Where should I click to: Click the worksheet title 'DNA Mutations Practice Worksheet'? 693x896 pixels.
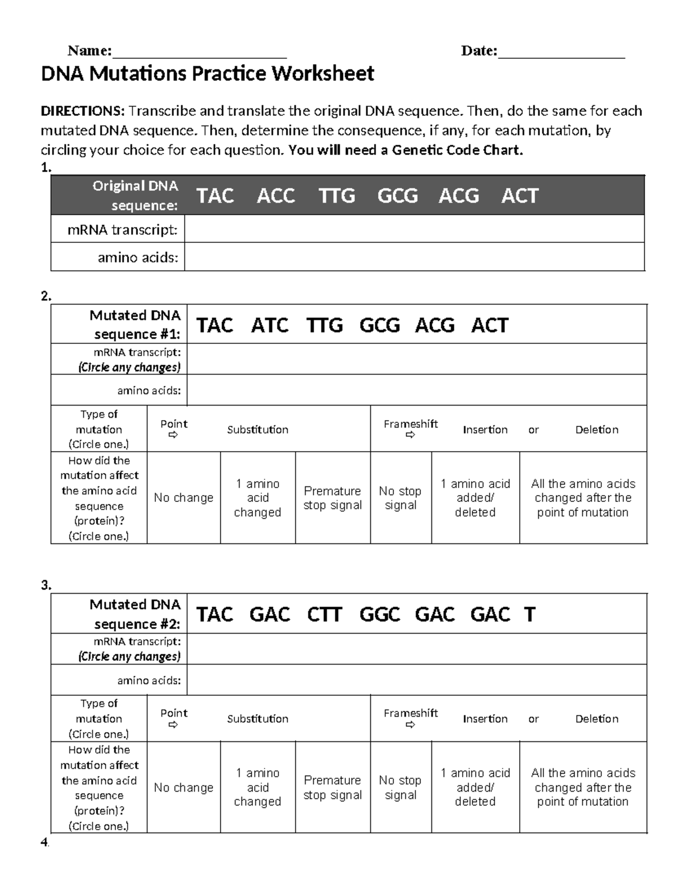pyautogui.click(x=207, y=74)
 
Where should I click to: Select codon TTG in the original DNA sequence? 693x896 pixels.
pyautogui.click(x=337, y=196)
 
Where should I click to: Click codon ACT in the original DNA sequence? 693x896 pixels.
pyautogui.click(x=520, y=196)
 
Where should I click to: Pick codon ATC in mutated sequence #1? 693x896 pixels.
pyautogui.click(x=270, y=325)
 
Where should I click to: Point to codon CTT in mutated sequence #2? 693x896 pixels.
pyautogui.click(x=325, y=614)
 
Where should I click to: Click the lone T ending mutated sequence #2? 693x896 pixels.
pyautogui.click(x=530, y=614)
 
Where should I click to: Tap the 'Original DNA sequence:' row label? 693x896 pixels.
pyautogui.click(x=135, y=196)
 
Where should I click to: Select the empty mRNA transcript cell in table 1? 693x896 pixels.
pyautogui.click(x=413, y=229)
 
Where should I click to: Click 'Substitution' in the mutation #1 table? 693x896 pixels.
pyautogui.click(x=258, y=430)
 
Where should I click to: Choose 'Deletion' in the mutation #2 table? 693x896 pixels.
pyautogui.click(x=597, y=719)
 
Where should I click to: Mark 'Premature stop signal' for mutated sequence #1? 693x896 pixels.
pyautogui.click(x=333, y=498)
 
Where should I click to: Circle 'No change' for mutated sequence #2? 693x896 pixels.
pyautogui.click(x=184, y=788)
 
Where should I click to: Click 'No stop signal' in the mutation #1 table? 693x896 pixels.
pyautogui.click(x=400, y=498)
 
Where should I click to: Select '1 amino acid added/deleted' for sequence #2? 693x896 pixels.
pyautogui.click(x=475, y=788)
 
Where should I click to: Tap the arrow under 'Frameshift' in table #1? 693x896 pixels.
pyautogui.click(x=410, y=436)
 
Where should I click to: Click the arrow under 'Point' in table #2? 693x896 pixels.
pyautogui.click(x=173, y=725)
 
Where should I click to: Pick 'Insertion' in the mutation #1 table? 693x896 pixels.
pyautogui.click(x=485, y=430)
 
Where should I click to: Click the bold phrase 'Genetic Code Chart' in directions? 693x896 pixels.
pyautogui.click(x=456, y=151)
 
